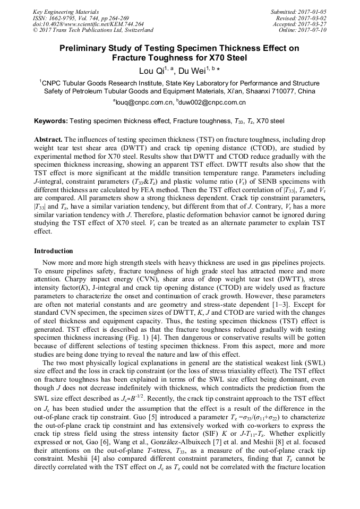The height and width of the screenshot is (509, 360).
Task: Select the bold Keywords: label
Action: click(x=51, y=121)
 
